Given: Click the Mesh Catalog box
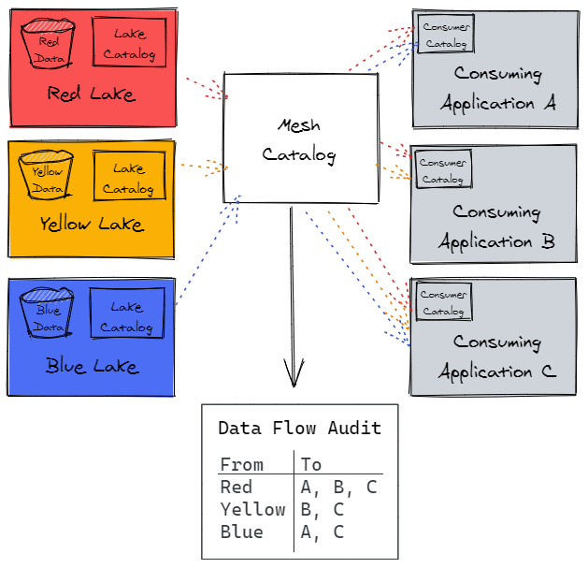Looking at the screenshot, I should point(300,138).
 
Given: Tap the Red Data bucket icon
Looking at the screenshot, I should point(51,44).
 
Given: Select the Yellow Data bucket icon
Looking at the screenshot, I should point(48,173).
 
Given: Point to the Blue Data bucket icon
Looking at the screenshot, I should point(48,312).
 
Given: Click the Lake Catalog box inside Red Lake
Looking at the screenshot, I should point(129,43).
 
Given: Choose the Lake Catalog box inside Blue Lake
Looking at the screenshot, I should point(126,315).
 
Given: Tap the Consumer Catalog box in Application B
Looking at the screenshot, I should point(443,169).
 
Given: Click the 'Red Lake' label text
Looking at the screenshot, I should point(91,95).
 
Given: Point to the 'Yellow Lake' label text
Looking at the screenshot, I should point(91,225).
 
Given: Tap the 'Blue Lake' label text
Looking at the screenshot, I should point(91,366).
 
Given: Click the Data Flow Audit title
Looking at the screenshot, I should point(299,429).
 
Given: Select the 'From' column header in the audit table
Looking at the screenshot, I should point(241,464).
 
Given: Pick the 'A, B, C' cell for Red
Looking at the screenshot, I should point(338,487).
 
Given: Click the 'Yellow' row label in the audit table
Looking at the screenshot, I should point(252,509).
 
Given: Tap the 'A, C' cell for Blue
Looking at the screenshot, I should point(323,532).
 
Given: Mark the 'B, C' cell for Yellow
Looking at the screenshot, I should point(323,509).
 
